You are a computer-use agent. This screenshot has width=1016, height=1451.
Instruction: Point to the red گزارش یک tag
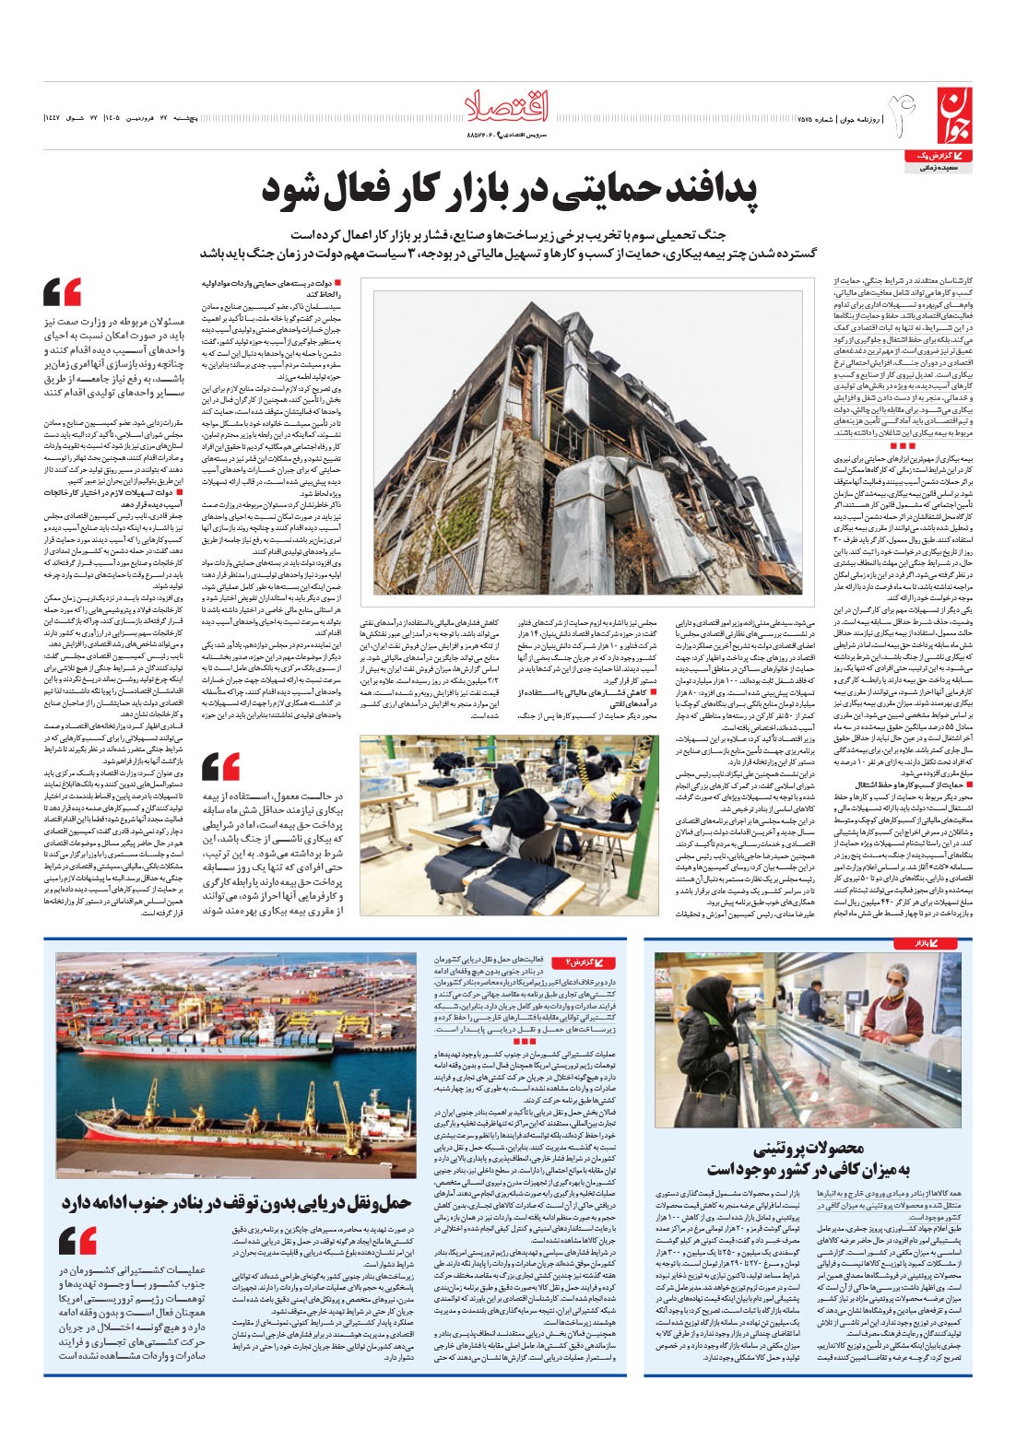948,158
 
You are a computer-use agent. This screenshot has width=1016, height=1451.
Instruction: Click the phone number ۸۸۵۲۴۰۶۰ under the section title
482,137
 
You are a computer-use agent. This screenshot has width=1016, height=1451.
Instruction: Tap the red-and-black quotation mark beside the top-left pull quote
63,292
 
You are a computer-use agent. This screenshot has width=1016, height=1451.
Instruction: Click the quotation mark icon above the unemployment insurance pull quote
220,766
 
